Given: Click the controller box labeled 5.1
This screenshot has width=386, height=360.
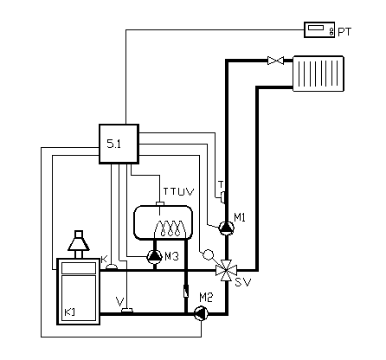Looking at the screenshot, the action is click(119, 144).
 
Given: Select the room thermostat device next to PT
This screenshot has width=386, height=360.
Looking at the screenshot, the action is click(319, 29).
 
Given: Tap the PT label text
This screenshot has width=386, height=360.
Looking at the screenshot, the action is click(344, 32).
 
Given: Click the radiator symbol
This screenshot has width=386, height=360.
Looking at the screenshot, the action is click(318, 74).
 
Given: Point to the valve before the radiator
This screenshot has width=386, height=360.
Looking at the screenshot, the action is click(275, 61).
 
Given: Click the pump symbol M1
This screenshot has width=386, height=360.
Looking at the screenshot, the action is click(227, 228).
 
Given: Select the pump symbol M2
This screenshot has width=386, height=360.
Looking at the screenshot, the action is click(201, 314).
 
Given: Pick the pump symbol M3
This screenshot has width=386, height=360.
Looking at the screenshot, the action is click(155, 256).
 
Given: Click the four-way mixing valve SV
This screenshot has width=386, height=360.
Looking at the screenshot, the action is click(227, 270).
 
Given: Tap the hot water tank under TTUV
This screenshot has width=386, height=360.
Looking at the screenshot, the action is click(163, 222).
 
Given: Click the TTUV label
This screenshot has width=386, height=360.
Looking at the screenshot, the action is click(179, 192).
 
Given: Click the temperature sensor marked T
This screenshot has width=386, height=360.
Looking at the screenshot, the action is click(222, 198).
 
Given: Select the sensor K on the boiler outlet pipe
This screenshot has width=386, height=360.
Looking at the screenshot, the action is click(112, 267).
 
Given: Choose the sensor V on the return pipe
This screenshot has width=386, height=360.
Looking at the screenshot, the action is click(127, 311).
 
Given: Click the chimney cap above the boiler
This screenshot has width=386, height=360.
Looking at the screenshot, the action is click(79, 241).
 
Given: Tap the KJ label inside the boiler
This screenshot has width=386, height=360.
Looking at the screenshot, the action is click(69, 312).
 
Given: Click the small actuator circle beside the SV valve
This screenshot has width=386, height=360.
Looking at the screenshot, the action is click(209, 254).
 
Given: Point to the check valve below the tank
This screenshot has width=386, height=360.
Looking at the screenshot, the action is click(186, 291).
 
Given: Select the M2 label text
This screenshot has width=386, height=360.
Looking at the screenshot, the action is click(206, 298).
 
